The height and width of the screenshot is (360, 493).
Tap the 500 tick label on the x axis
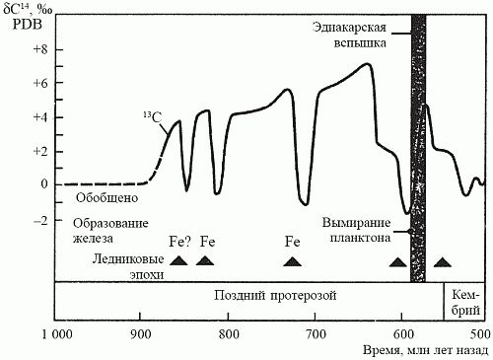tap(479, 333)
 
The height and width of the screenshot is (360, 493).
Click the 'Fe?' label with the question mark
tap(178, 242)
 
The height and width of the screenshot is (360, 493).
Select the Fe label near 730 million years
tap(292, 242)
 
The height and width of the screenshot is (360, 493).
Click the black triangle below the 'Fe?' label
tap(178, 260)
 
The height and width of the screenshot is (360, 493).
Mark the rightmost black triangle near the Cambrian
tap(443, 261)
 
